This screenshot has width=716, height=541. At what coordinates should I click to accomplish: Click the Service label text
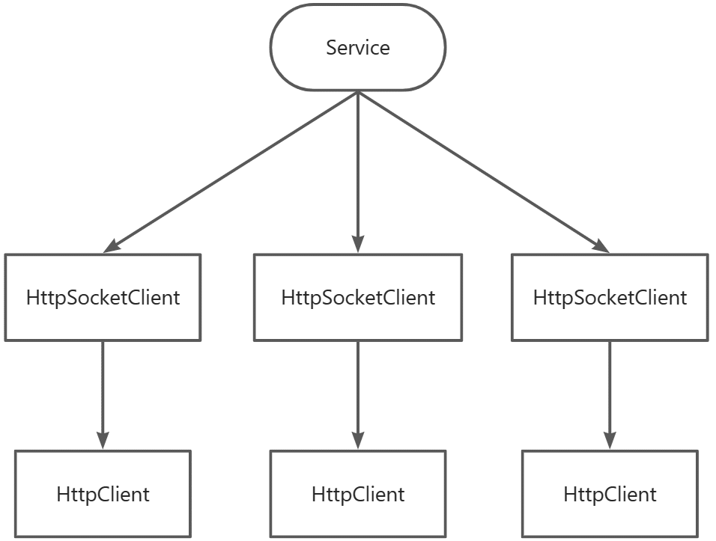(x=358, y=47)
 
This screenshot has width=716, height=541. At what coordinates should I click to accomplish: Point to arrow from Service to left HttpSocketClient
(x=231, y=172)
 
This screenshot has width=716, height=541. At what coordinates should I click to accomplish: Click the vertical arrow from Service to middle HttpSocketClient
(x=358, y=172)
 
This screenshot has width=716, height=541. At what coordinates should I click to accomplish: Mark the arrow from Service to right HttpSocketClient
(x=484, y=172)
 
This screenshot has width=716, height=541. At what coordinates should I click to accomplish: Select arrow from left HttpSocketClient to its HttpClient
(x=103, y=395)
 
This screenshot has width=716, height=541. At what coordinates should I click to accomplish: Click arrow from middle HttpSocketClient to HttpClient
(x=358, y=395)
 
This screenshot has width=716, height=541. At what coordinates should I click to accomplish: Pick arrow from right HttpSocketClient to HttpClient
(x=610, y=395)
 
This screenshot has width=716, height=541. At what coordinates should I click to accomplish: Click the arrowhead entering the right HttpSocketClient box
(x=602, y=247)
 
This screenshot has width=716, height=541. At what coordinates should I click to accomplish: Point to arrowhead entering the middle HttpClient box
(x=358, y=441)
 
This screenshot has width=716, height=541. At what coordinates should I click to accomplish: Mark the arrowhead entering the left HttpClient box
(x=103, y=441)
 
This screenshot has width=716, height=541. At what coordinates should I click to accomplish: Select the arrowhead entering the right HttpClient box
(x=610, y=441)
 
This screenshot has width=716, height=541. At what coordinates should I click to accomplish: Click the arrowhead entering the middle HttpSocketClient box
(x=358, y=244)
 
